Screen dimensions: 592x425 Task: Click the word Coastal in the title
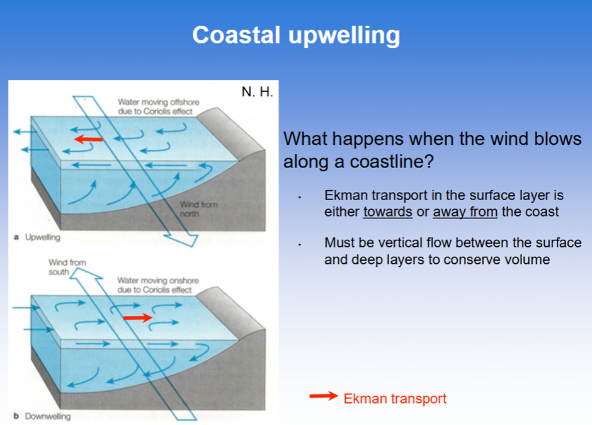(236, 35)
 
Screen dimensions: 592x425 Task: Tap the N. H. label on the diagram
(257, 92)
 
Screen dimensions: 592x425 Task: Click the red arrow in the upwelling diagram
(88, 139)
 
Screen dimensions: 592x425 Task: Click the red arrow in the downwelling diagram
(138, 318)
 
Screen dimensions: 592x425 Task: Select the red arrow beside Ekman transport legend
(324, 396)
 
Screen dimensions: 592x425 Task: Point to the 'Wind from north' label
(198, 209)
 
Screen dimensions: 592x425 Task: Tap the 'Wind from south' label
(67, 267)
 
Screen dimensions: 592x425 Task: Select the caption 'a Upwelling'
(37, 237)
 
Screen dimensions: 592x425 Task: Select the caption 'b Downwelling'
(42, 416)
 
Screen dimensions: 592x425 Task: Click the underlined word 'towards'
(388, 212)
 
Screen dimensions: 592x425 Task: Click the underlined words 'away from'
(465, 212)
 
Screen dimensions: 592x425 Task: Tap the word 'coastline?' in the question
(392, 162)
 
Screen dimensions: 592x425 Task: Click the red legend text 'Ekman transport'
(395, 399)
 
